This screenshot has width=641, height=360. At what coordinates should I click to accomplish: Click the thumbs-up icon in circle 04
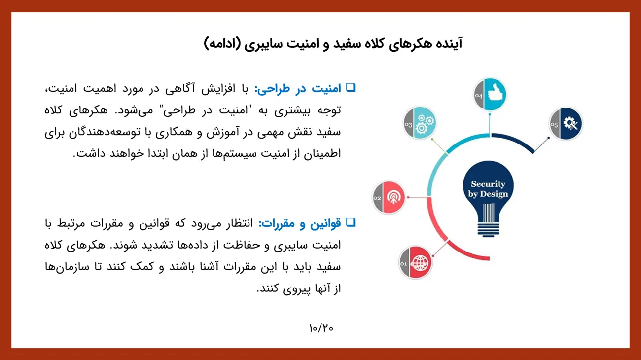tap(496, 92)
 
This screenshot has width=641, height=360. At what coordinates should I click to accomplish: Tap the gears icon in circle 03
tap(425, 124)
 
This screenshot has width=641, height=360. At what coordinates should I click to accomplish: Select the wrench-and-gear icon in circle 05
tap(570, 124)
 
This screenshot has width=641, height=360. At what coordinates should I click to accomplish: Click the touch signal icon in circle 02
tap(394, 197)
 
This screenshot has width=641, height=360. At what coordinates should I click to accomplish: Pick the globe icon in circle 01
tap(420, 263)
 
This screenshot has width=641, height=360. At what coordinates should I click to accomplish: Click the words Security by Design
tap(488, 189)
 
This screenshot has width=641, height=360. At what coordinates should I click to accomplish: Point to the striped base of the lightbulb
tap(488, 229)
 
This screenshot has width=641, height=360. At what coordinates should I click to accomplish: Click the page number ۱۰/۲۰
tap(321, 328)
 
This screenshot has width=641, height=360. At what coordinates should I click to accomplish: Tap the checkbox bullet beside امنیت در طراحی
tap(351, 87)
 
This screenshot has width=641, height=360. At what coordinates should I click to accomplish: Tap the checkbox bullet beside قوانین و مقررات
tap(351, 222)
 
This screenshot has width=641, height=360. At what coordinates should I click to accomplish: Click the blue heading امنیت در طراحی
tap(298, 88)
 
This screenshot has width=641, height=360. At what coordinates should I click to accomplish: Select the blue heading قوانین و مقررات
tap(300, 223)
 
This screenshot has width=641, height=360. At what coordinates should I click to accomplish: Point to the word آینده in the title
tap(448, 44)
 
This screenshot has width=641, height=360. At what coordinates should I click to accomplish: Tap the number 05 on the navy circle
tap(554, 125)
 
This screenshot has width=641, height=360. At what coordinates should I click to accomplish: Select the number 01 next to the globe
tap(403, 263)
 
